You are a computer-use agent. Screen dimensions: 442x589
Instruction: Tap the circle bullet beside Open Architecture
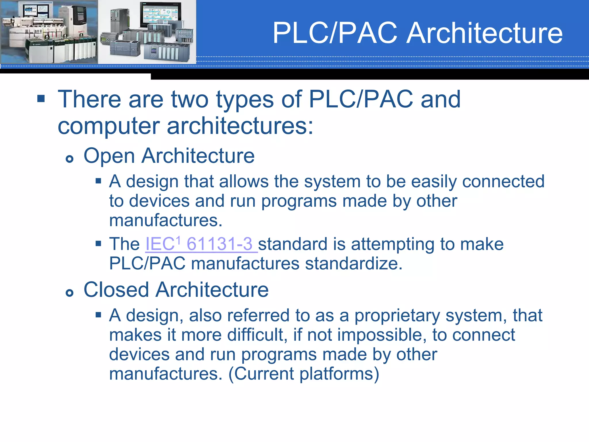(69, 159)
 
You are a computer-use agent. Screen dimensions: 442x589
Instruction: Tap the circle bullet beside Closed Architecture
(69, 293)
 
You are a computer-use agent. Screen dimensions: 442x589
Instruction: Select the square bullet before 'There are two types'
(41, 99)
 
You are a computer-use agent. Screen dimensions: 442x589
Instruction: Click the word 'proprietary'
(397, 316)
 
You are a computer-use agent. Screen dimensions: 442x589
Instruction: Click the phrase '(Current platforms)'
(304, 374)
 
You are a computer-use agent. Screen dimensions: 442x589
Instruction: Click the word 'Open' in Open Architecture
(109, 156)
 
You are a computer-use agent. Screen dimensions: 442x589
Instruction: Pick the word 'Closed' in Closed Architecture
(116, 290)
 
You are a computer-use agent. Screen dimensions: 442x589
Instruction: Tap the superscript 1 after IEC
(178, 239)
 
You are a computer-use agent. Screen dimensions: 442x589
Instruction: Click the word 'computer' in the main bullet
(109, 126)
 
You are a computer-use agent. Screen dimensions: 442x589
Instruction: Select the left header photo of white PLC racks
(49, 32)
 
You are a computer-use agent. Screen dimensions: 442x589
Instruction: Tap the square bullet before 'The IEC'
(98, 244)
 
